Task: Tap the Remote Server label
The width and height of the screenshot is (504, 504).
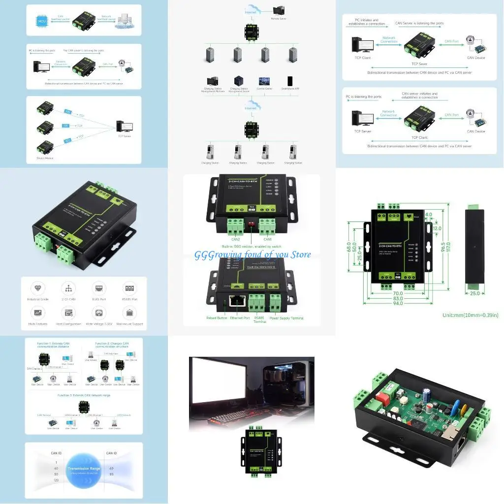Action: coord(279,19)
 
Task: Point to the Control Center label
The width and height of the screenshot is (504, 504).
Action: coord(264,90)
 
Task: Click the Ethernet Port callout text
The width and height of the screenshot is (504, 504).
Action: coord(240,318)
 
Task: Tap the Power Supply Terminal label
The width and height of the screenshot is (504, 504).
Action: coord(286,318)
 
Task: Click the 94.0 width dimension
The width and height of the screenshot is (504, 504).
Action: coord(397,304)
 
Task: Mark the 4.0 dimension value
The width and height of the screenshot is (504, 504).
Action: coord(429,215)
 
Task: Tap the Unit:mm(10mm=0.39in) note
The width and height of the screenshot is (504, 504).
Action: coord(470,315)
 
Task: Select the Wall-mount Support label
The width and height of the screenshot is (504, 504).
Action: coord(130,324)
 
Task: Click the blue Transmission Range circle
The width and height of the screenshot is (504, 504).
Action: coord(84,470)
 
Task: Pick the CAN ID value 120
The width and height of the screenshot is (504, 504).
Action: coord(56,480)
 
